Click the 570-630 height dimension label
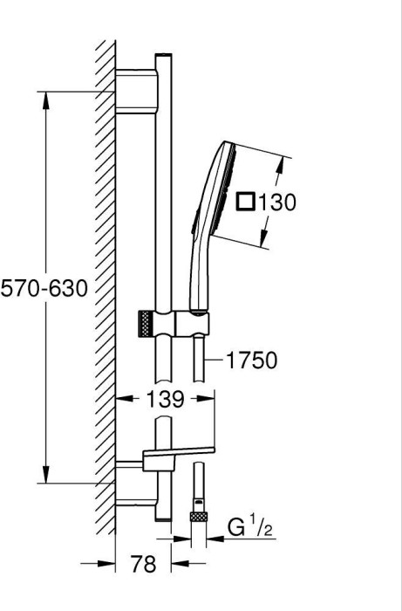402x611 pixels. pyautogui.click(x=44, y=289)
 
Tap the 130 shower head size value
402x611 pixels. pyautogui.click(x=277, y=203)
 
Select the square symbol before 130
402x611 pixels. pyautogui.click(x=246, y=203)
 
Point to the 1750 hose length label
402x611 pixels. pyautogui.click(x=252, y=360)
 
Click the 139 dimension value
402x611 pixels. pyautogui.click(x=165, y=399)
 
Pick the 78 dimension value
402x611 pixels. pyautogui.click(x=143, y=564)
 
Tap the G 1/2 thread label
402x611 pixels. pyautogui.click(x=250, y=527)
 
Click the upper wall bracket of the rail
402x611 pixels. pyautogui.click(x=137, y=92)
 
